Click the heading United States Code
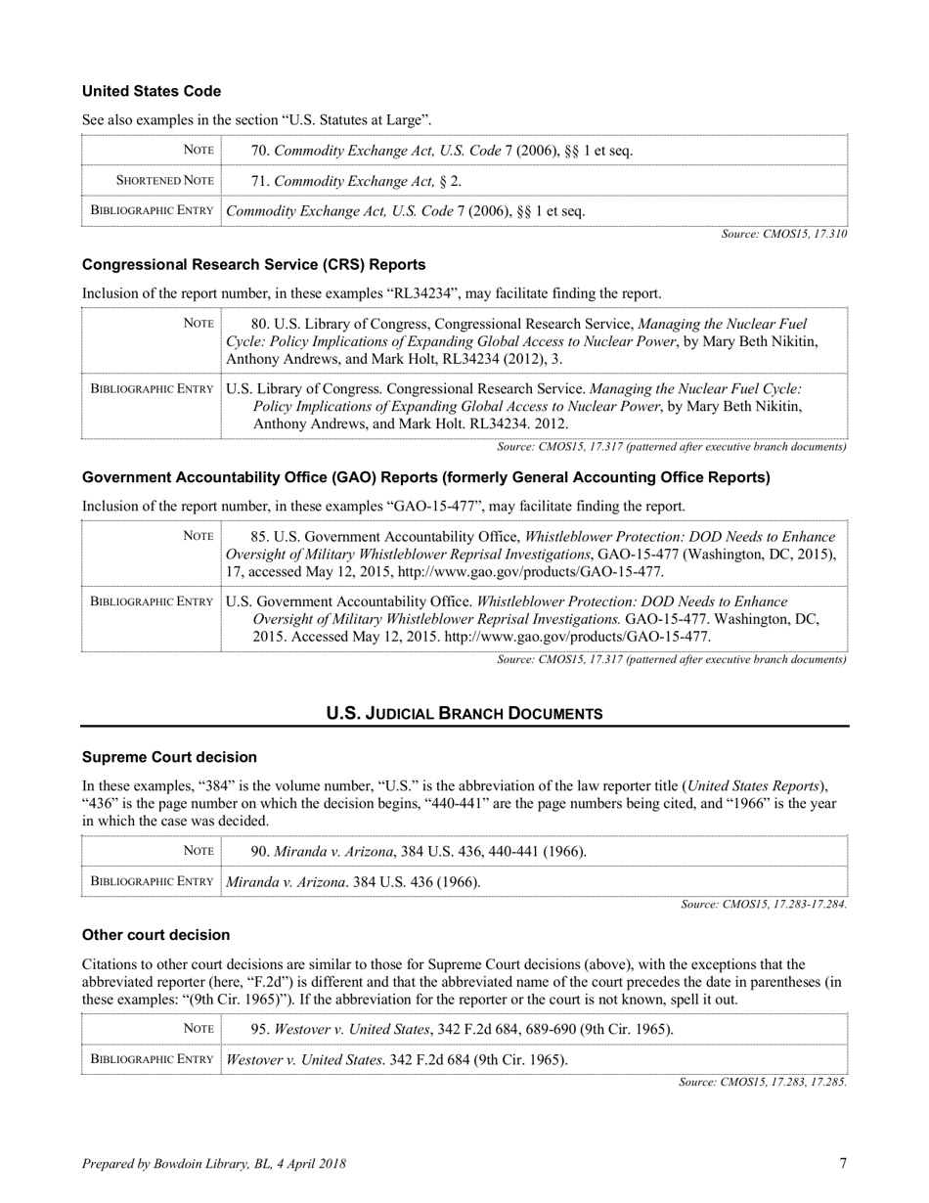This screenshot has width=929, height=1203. [152, 91]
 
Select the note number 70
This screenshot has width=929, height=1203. [260, 151]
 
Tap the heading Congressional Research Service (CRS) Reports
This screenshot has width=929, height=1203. [253, 265]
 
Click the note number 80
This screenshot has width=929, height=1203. [260, 324]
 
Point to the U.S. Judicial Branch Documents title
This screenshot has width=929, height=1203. [464, 714]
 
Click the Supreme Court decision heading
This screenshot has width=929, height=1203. [169, 757]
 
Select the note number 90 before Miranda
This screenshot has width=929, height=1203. [260, 852]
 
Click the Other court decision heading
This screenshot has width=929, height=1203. [155, 935]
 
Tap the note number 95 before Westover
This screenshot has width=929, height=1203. [260, 1030]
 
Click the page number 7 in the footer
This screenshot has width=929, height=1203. [843, 1163]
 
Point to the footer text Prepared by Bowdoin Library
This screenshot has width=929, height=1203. [213, 1164]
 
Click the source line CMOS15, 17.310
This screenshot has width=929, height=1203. [784, 234]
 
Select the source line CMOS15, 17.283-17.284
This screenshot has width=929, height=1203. [764, 905]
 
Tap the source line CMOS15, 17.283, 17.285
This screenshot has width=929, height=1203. [763, 1083]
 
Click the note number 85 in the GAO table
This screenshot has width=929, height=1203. [260, 537]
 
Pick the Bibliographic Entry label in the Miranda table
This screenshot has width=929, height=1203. [152, 881]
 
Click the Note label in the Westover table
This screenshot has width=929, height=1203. [199, 1029]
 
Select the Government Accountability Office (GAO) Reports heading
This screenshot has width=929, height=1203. [425, 477]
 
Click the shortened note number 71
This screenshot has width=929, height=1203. [260, 181]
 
